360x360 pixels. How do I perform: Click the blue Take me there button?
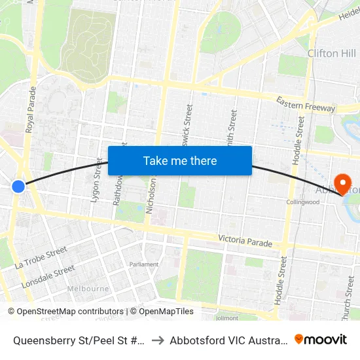[x=180, y=160]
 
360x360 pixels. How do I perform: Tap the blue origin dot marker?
[x=18, y=187]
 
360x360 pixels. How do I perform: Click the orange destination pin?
[x=342, y=183]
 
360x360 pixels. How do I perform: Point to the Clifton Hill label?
[x=331, y=53]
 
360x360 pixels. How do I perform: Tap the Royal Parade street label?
[x=30, y=111]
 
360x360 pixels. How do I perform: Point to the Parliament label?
[x=143, y=264]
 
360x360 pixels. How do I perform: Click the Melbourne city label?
[x=88, y=289]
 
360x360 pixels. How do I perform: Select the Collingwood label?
[x=302, y=202]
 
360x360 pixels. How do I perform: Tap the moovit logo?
[x=321, y=339]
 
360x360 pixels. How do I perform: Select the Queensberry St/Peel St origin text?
[x=77, y=340]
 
